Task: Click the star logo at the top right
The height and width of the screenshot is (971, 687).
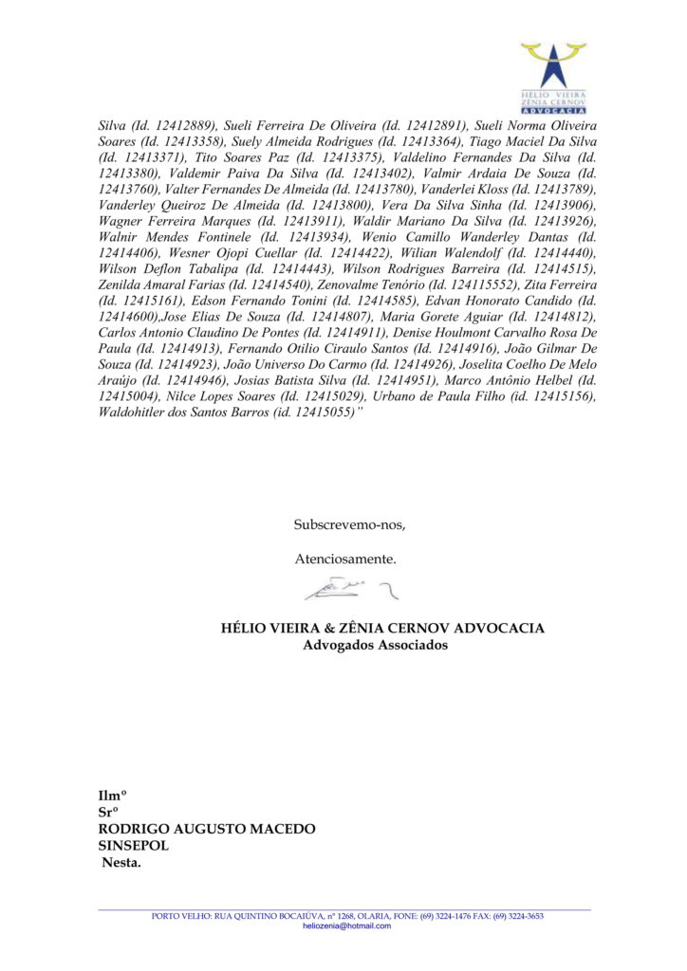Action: [553, 66]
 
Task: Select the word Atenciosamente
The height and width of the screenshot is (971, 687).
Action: [345, 559]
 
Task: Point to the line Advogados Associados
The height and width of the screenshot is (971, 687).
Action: [375, 645]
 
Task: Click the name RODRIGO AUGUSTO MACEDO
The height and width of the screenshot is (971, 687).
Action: [207, 829]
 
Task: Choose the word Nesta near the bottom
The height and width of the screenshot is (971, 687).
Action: [121, 863]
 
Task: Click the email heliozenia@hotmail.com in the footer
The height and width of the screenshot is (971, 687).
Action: [346, 925]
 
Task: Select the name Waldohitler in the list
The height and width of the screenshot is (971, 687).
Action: [139, 413]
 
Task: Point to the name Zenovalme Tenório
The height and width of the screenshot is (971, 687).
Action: [353, 284]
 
